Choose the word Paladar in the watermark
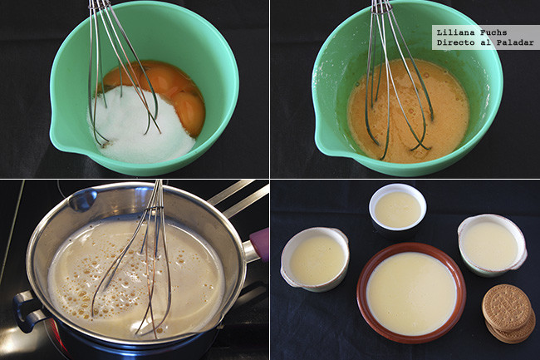[x=515, y=42]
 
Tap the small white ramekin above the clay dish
[x=397, y=208]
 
